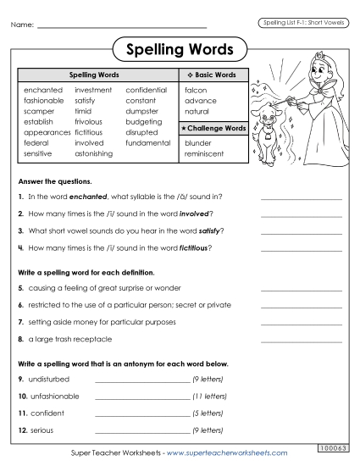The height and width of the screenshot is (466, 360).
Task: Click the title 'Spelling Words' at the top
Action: pos(180,48)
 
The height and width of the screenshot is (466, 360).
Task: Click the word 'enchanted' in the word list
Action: pos(43,89)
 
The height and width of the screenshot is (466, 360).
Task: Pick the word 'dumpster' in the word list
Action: pos(142,111)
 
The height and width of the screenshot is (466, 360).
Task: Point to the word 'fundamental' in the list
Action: pos(147,143)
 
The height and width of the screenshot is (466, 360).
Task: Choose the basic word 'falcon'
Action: pos(196,89)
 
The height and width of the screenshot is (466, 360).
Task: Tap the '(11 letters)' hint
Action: pos(209,396)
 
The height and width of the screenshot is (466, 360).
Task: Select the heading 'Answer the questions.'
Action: pos(54,182)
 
